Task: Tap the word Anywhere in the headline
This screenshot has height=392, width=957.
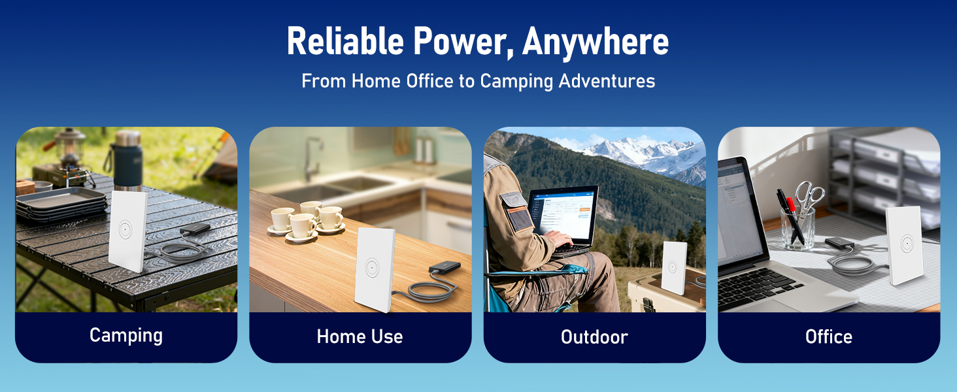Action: [596, 42]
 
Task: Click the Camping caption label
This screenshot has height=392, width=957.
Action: [126, 336]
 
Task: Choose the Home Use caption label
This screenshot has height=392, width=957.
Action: [360, 336]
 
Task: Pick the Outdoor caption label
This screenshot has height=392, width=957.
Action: [594, 336]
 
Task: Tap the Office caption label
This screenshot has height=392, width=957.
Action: [828, 336]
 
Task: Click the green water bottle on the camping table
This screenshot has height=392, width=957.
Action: [127, 159]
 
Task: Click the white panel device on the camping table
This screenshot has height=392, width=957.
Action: [127, 230]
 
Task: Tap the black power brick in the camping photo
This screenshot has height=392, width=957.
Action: [195, 229]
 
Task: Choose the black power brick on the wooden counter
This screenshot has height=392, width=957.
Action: [444, 269]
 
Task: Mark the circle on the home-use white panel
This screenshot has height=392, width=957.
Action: [372, 267]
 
